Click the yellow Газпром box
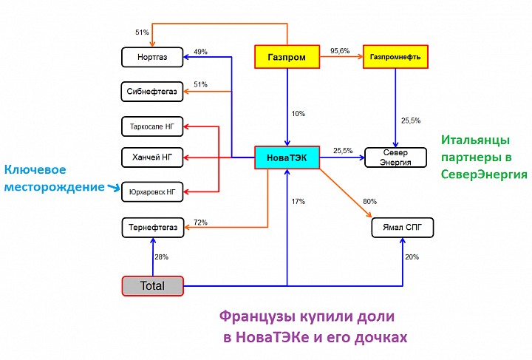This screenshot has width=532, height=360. coord(287,57)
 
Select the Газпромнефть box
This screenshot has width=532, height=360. coord(395,57)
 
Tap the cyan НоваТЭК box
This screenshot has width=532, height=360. coord(287,157)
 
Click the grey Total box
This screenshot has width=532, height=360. coord(153,285)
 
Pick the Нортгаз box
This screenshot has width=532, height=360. coord(152,57)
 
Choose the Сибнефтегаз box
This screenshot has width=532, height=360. coord(152,91)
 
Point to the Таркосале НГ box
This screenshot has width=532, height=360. coord(152,126)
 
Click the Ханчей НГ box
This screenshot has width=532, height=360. coord(152,157)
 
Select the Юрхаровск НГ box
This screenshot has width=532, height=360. coord(152,192)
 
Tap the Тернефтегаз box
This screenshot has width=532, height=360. coord(153,228)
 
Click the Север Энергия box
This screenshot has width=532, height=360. coord(395,157)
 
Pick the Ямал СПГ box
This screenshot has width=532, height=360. coord(403,228)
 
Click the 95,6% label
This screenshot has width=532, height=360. coord(340,51)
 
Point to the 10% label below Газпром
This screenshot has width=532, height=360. coord(299,114)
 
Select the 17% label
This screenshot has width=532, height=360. coord(299,202)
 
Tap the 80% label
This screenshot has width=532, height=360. coord(370,202)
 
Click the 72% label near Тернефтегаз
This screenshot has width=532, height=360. coord(200,223)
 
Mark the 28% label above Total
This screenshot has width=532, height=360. coord(162,257)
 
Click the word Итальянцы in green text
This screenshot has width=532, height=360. coord(475,140)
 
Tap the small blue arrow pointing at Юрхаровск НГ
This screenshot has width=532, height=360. coord(114,187)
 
